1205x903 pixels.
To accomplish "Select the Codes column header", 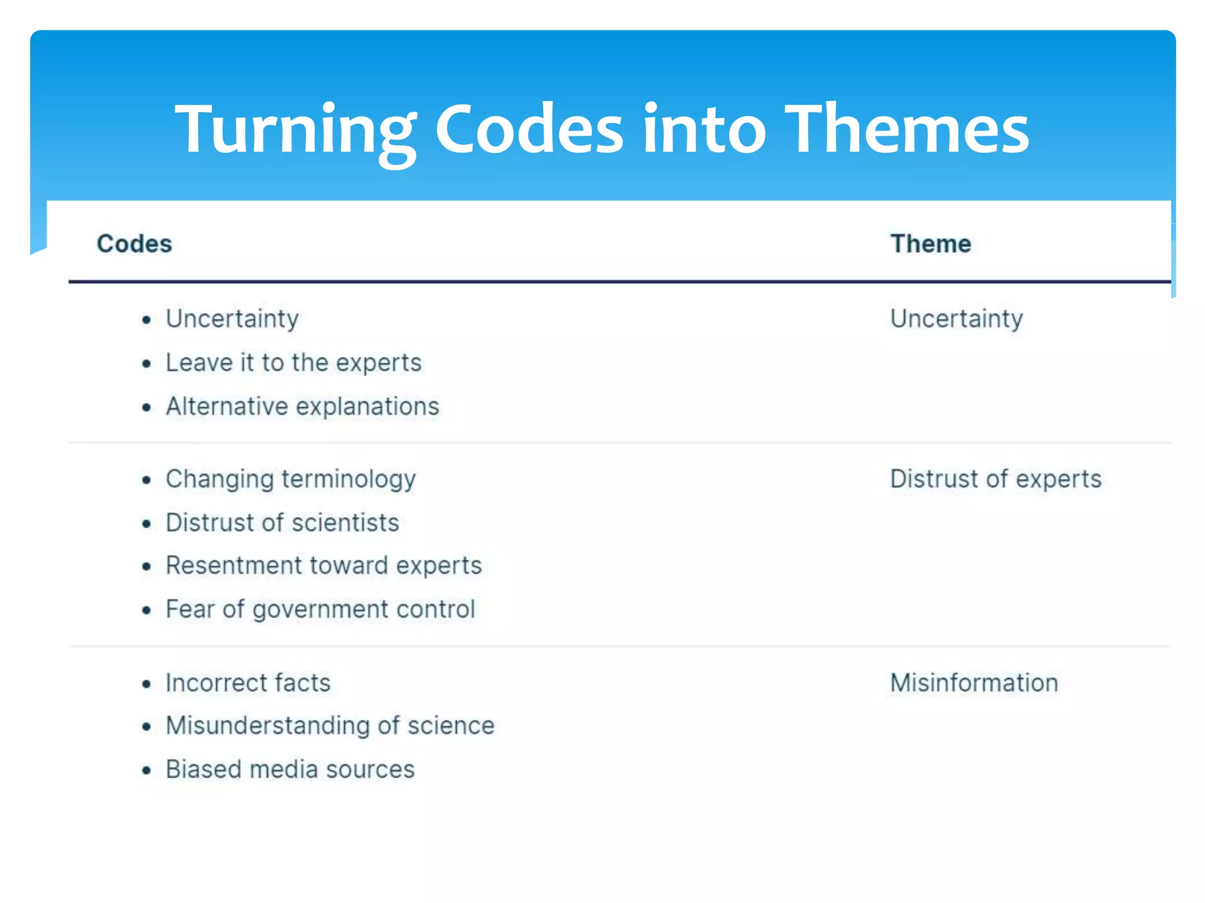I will pos(134,243).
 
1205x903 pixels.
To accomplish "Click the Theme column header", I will pos(930,243).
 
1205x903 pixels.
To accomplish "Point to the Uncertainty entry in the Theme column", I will pos(956,319).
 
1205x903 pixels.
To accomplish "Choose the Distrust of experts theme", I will pos(996,479).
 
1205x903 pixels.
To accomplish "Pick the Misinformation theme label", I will pos(974,683).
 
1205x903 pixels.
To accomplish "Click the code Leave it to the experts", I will pos(294,363).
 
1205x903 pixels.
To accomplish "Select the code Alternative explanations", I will pos(302,406).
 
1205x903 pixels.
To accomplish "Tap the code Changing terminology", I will pos(291,479).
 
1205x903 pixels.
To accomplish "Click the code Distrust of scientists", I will pos(282,523).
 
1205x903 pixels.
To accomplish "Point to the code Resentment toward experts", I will pos(324,566).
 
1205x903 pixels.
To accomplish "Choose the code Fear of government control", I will pos(320,609).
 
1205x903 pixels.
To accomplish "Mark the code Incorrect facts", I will pos(248,683).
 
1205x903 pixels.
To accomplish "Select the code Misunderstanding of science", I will pos(330,726).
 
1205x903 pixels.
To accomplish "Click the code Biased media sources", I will pos(290,770).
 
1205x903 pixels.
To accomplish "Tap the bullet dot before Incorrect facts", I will pos(147,684).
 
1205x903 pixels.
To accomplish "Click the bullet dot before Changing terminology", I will pos(147,480).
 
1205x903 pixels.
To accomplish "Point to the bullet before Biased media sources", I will pos(147,771).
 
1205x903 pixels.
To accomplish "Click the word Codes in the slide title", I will pos(528,129).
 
